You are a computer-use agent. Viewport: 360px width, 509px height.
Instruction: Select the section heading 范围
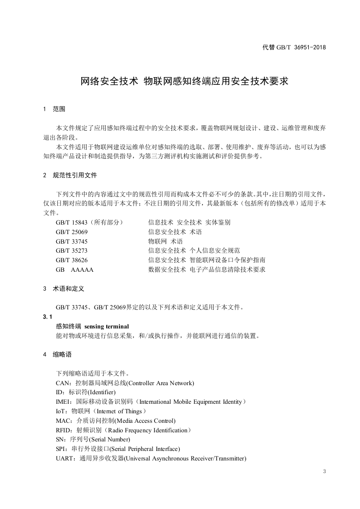(x=59, y=109)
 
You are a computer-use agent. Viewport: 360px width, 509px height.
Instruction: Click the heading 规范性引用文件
(x=74, y=175)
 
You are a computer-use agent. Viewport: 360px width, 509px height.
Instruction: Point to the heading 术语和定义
(x=69, y=289)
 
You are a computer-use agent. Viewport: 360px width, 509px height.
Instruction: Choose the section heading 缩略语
(x=62, y=354)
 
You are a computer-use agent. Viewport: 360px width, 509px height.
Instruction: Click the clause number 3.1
(x=48, y=316)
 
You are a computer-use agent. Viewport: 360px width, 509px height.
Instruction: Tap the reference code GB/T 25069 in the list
(x=72, y=232)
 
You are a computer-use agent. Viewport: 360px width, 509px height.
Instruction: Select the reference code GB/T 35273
(x=72, y=250)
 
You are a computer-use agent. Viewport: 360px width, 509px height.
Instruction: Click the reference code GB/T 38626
(x=72, y=260)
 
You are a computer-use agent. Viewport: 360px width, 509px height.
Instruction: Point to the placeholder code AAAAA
(x=82, y=269)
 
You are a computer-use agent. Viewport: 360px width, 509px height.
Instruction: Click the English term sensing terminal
(x=107, y=326)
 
